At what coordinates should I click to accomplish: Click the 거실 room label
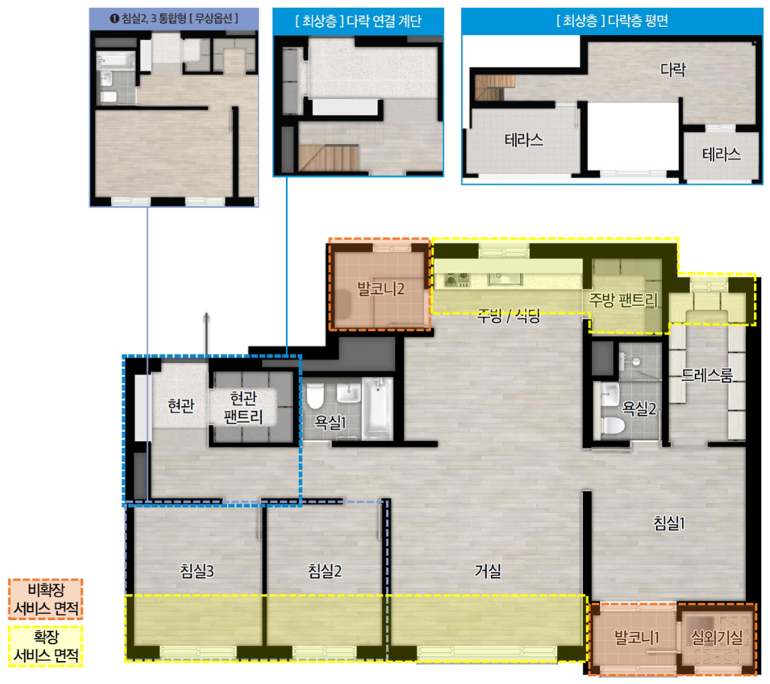[x=487, y=571]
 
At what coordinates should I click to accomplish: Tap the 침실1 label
[x=669, y=523]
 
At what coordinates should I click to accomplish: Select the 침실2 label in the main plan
[x=324, y=571]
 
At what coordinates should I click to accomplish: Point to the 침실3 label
[x=197, y=571]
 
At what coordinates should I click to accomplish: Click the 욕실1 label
[x=330, y=422]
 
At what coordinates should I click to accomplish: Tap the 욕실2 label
[x=639, y=408]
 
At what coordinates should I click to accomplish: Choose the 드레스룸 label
[x=707, y=376]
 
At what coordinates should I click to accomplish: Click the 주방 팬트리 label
[x=623, y=300]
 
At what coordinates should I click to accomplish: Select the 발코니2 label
[x=380, y=289]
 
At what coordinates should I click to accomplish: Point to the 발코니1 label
[x=637, y=637]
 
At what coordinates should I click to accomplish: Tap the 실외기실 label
[x=717, y=637]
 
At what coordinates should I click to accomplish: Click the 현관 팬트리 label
[x=244, y=407]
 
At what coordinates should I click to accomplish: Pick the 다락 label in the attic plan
[x=673, y=69]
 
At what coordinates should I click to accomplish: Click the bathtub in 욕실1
[x=378, y=408]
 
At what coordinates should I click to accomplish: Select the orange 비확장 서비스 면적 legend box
[x=46, y=599]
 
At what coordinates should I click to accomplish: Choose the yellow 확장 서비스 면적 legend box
[x=46, y=646]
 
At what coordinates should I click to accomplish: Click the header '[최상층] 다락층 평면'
[x=612, y=21]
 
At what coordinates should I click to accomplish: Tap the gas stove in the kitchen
[x=457, y=280]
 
